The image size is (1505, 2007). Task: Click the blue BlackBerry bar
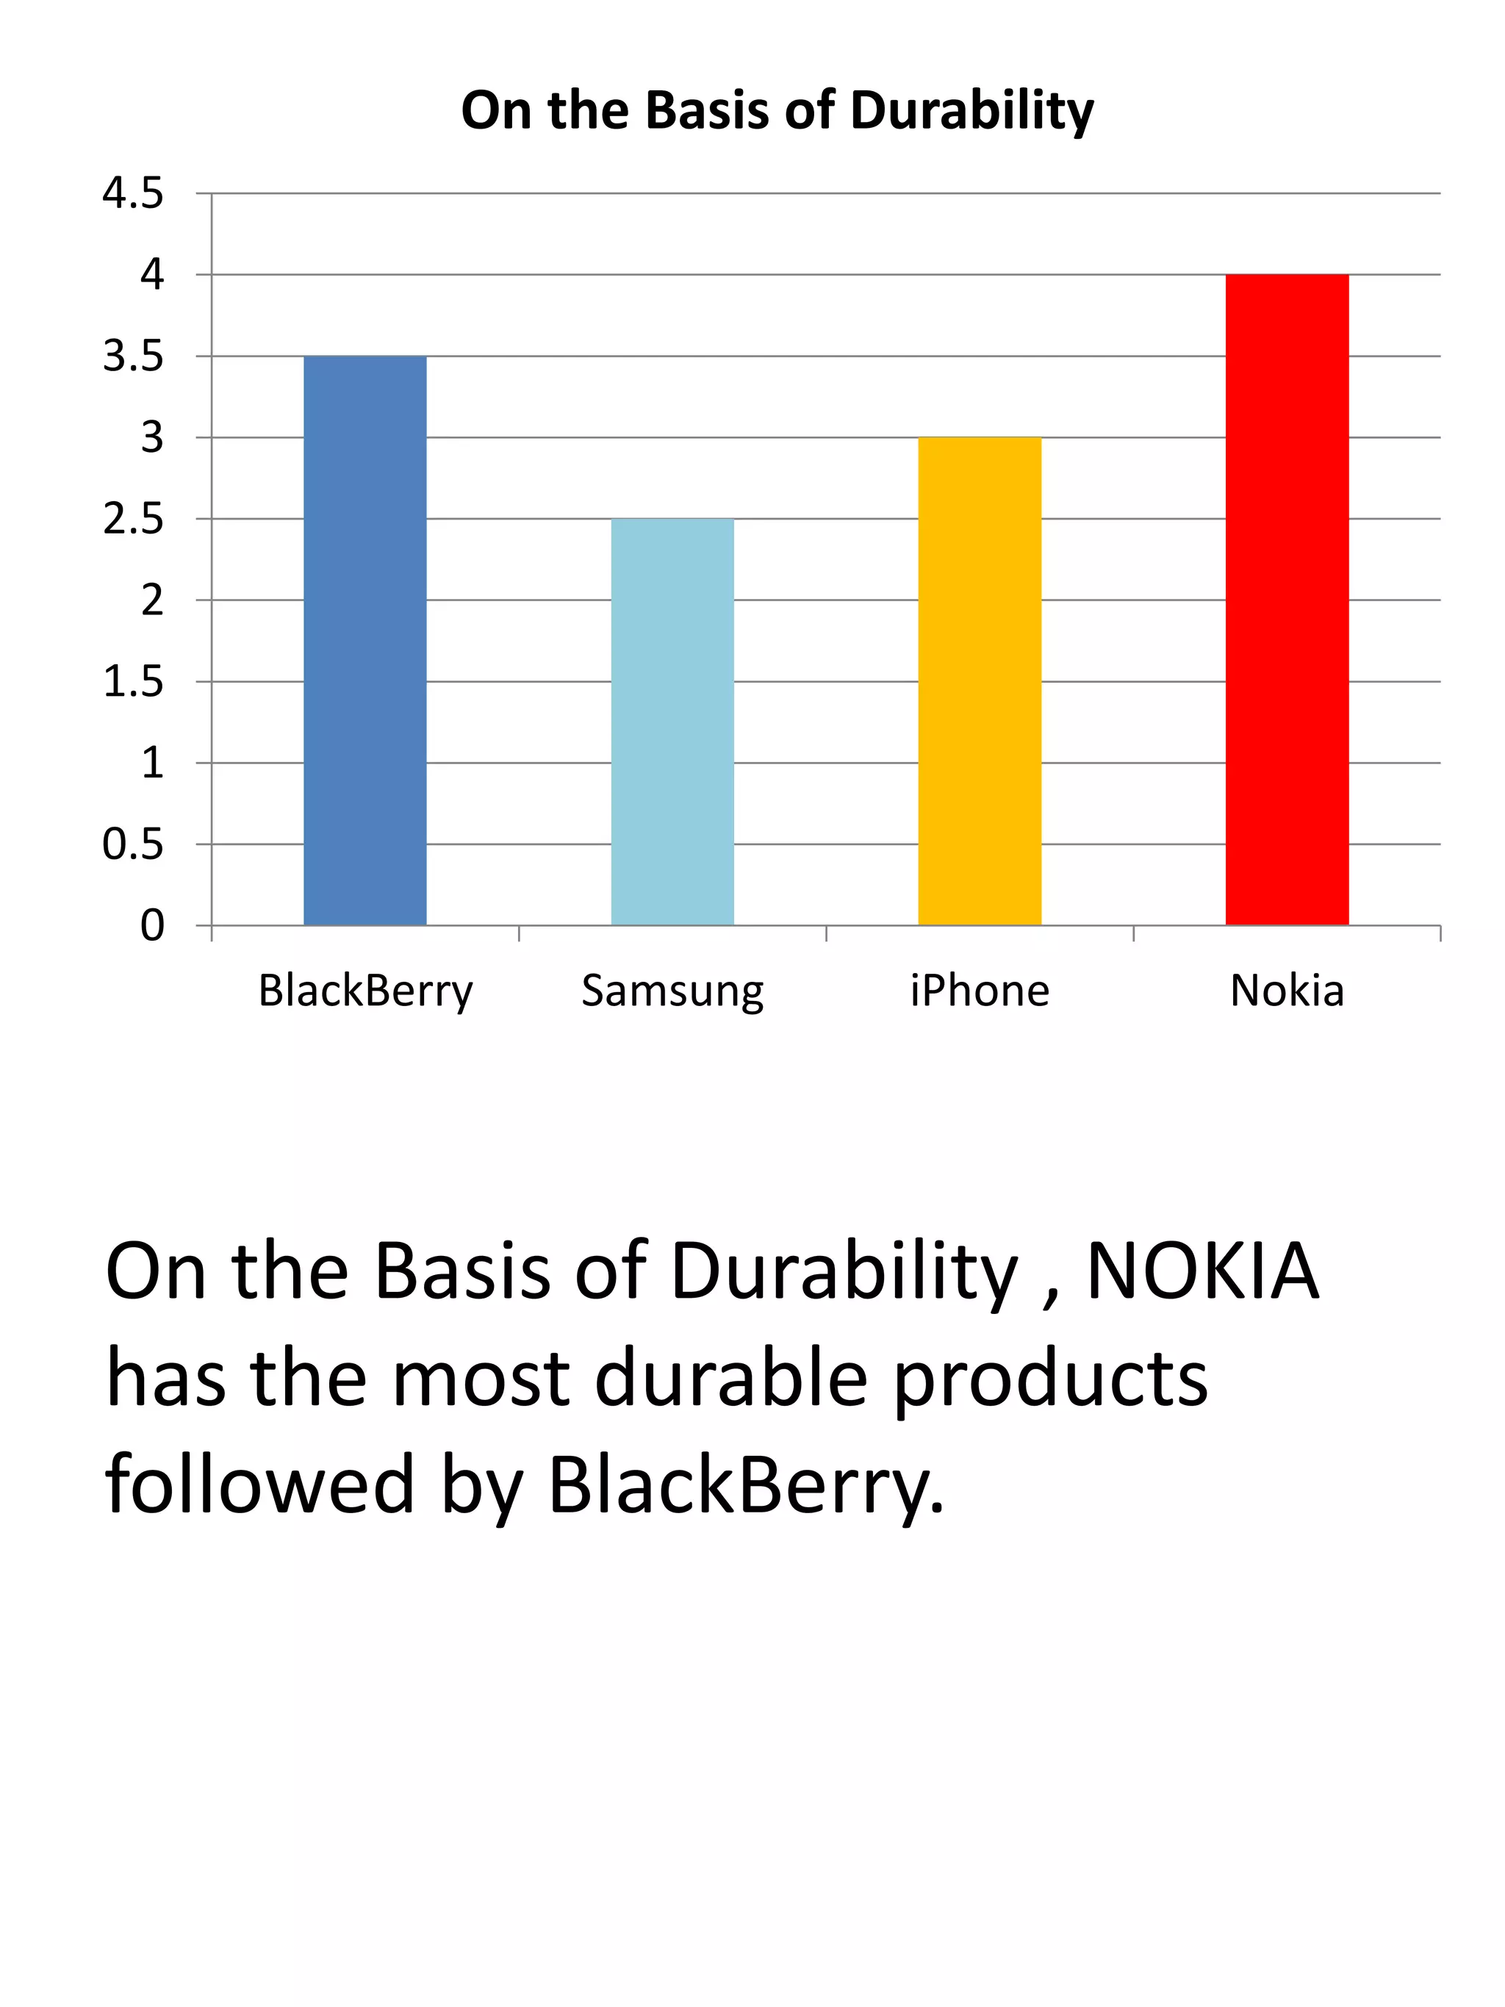[x=364, y=641]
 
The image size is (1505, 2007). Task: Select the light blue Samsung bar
[x=672, y=722]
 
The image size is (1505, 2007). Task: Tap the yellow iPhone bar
[x=979, y=681]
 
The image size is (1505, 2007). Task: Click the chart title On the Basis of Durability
[x=777, y=111]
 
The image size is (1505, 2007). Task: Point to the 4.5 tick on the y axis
[x=132, y=193]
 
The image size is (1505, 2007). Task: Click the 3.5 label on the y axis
[x=132, y=356]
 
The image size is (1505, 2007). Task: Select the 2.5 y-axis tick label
[x=132, y=519]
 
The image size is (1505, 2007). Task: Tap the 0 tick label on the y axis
[x=152, y=925]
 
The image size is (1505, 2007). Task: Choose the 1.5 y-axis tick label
[x=132, y=681]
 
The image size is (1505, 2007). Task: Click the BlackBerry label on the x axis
[x=365, y=991]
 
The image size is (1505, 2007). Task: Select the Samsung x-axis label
[x=672, y=991]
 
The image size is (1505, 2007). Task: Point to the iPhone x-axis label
[x=980, y=990]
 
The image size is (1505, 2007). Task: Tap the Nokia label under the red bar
[x=1286, y=990]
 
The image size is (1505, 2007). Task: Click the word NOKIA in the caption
[x=1202, y=1272]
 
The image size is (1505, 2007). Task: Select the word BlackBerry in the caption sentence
[x=746, y=1485]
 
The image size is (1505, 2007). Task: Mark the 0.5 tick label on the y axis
[x=132, y=844]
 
